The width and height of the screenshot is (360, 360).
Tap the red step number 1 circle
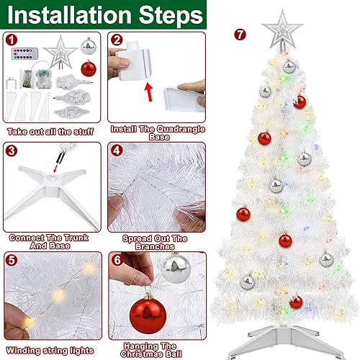coord(12,40)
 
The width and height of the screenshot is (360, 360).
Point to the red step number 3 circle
coord(12,151)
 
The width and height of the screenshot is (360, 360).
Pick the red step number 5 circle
coord(12,260)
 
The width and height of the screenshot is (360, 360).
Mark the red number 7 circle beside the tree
coord(240,34)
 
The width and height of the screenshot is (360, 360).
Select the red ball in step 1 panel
coord(89,69)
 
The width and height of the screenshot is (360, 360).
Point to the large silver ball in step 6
coord(172,269)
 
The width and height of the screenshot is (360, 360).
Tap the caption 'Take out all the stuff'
coord(52,131)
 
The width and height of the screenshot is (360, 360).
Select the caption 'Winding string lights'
coord(52,350)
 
